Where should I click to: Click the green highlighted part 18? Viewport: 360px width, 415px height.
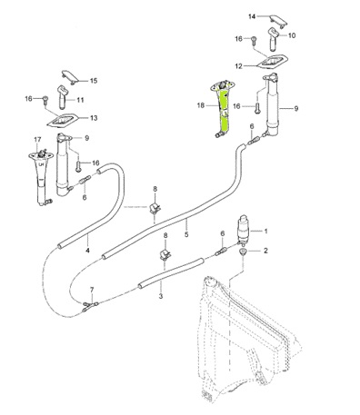[x=224, y=109]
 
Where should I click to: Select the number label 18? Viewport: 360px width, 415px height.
[x=201, y=105]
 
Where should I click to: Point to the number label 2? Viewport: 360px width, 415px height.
[x=265, y=251]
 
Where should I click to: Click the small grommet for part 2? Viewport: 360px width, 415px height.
[x=243, y=252]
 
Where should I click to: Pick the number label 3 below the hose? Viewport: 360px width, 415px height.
[x=161, y=296]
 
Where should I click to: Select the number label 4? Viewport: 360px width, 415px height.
[x=87, y=251]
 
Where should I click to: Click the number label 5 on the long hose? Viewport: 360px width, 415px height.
[x=186, y=234]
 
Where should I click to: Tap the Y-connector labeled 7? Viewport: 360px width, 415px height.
[x=90, y=306]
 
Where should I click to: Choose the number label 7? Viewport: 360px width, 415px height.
[x=92, y=290]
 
